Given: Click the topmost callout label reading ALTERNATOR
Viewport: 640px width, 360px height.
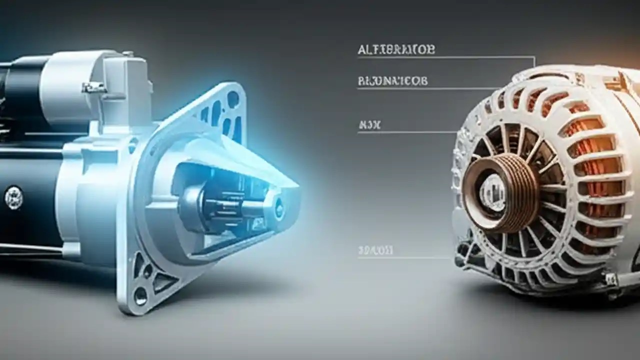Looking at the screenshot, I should coord(396,49).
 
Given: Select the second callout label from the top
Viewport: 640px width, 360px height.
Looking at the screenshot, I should coord(393,80).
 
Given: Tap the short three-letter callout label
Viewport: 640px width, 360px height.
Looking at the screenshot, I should coord(369,125).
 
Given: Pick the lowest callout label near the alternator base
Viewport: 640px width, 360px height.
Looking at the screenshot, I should coord(375,249).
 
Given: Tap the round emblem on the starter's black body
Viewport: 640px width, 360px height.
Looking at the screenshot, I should coord(13,197).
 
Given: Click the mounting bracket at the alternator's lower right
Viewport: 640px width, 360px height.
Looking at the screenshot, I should coord(612,280).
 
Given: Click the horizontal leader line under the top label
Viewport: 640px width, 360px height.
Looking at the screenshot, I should coord(445,58).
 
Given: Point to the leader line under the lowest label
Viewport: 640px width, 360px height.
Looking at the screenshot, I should coord(405,258).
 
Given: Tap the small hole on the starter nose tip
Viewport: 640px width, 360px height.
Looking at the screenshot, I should coord(278,203).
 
